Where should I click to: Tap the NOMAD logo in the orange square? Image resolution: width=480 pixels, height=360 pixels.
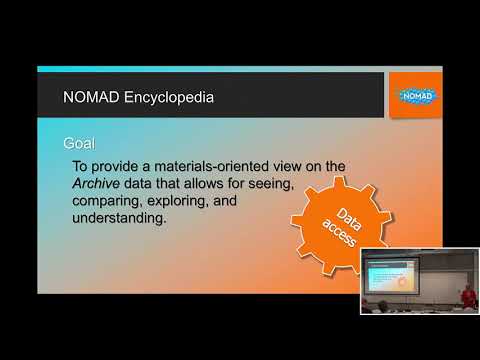pos(412,95)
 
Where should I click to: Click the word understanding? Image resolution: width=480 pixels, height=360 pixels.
pos(118,218)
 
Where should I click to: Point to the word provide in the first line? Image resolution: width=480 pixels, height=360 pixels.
pos(120,164)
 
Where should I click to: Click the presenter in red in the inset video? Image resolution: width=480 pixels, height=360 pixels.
pos(467,296)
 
